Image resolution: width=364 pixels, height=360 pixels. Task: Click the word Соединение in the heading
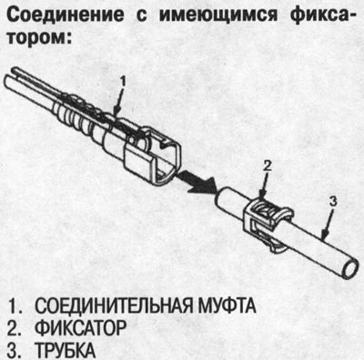click(x=67, y=16)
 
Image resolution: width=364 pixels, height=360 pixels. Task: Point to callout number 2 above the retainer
click(x=268, y=166)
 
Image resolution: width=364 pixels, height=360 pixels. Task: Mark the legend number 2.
click(x=10, y=325)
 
